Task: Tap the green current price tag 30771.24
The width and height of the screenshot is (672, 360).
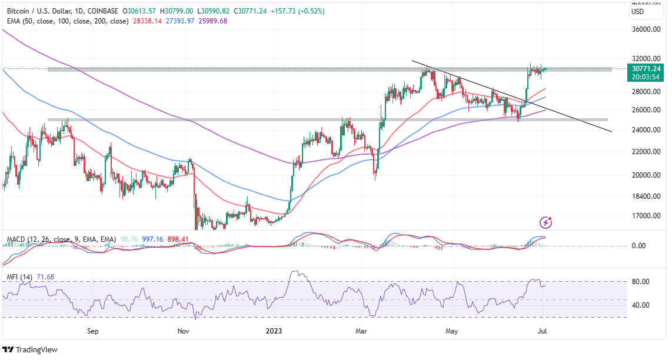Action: [646, 68]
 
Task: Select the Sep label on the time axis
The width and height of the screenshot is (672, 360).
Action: [92, 331]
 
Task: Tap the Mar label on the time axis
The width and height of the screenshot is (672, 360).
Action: [362, 331]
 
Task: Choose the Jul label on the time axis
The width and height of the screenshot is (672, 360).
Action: [544, 331]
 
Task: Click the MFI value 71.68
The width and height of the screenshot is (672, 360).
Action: [39, 276]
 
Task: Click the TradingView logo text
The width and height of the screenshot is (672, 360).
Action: [36, 349]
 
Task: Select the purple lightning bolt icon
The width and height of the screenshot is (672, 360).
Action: [546, 222]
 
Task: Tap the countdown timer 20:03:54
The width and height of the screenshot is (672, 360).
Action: [646, 76]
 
